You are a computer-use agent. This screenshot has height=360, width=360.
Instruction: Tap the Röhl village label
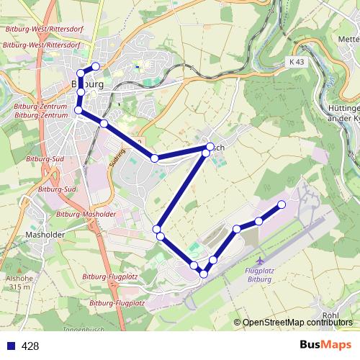pyautogui.click(x=330, y=315)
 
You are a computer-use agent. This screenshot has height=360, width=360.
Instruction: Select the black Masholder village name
pyautogui.click(x=45, y=234)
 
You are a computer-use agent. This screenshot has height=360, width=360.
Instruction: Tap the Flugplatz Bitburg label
pyautogui.click(x=258, y=274)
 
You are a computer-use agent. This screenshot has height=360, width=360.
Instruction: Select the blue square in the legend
pyautogui.click(x=9, y=346)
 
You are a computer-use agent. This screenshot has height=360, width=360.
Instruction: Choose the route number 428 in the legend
pyautogui.click(x=30, y=346)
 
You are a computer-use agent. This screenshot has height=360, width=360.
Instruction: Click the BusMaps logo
pyautogui.click(x=325, y=345)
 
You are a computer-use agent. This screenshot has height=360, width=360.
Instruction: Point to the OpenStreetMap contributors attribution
pyautogui.click(x=297, y=323)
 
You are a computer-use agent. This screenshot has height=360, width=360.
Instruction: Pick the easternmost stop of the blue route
pyautogui.click(x=282, y=205)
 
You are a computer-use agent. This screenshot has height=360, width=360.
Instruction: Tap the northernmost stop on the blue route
pyautogui.click(x=95, y=66)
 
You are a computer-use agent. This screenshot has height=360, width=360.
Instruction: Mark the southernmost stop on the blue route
pyautogui.click(x=204, y=274)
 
